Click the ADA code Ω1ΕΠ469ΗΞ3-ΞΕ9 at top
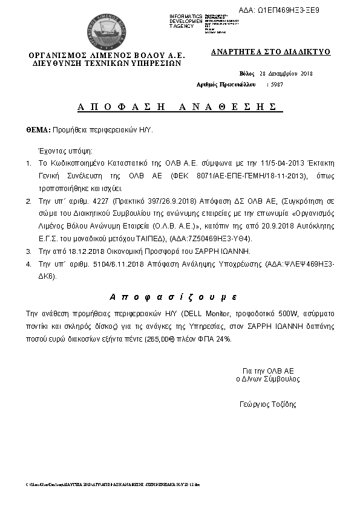(287, 10)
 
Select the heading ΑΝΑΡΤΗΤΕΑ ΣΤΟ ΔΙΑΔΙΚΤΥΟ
(270, 52)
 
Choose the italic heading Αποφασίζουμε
(173, 297)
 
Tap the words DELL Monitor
(206, 314)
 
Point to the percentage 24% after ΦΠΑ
(223, 339)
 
